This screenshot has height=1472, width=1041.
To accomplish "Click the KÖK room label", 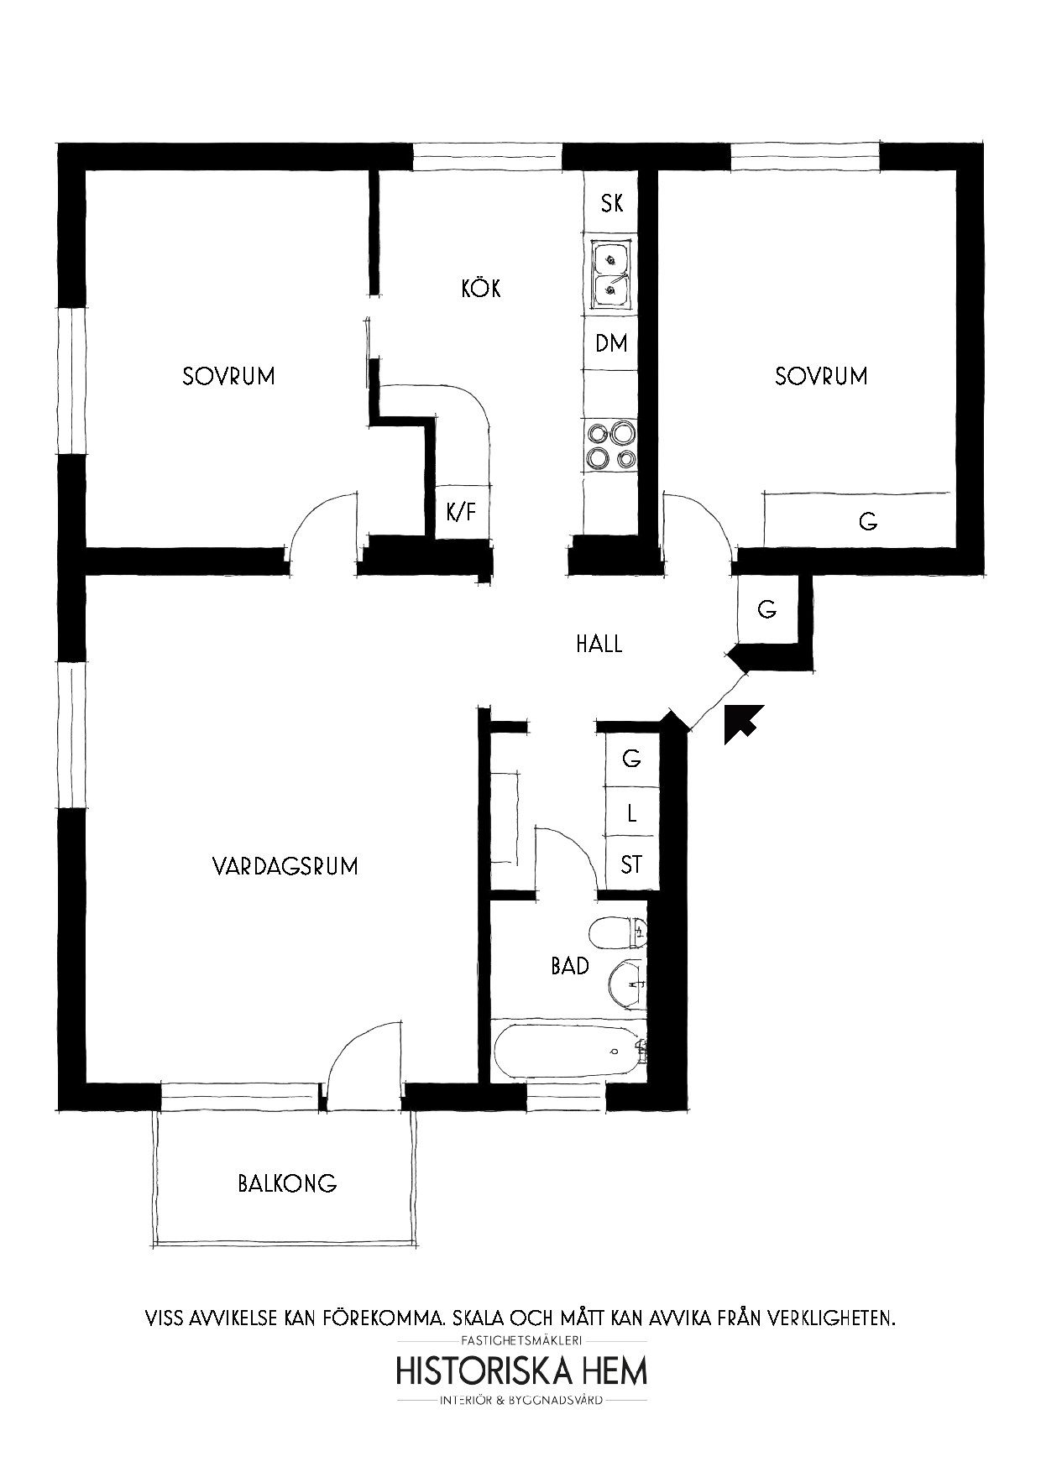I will [x=481, y=289].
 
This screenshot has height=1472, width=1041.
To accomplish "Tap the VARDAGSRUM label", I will [x=285, y=865].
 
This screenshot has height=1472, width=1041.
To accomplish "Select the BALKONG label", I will [x=287, y=1183].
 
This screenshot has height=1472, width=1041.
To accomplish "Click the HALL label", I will [x=599, y=645].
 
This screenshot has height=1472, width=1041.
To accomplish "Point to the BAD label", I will [x=570, y=966].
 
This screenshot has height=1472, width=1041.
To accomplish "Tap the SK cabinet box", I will [x=611, y=203].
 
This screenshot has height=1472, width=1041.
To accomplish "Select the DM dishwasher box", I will [x=611, y=343].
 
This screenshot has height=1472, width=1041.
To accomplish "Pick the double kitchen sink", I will [x=613, y=272].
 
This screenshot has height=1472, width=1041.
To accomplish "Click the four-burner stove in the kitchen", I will [x=611, y=445].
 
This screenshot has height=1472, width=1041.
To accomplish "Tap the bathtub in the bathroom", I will [x=568, y=1050].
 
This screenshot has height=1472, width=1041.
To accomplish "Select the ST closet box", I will [x=630, y=864].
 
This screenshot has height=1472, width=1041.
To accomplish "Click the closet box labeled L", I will [x=630, y=812].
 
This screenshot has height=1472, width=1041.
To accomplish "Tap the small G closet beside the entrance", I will [x=766, y=610].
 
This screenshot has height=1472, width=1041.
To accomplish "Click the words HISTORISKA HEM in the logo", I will [x=521, y=1371].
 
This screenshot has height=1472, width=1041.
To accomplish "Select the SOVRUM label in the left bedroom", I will [x=228, y=376].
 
